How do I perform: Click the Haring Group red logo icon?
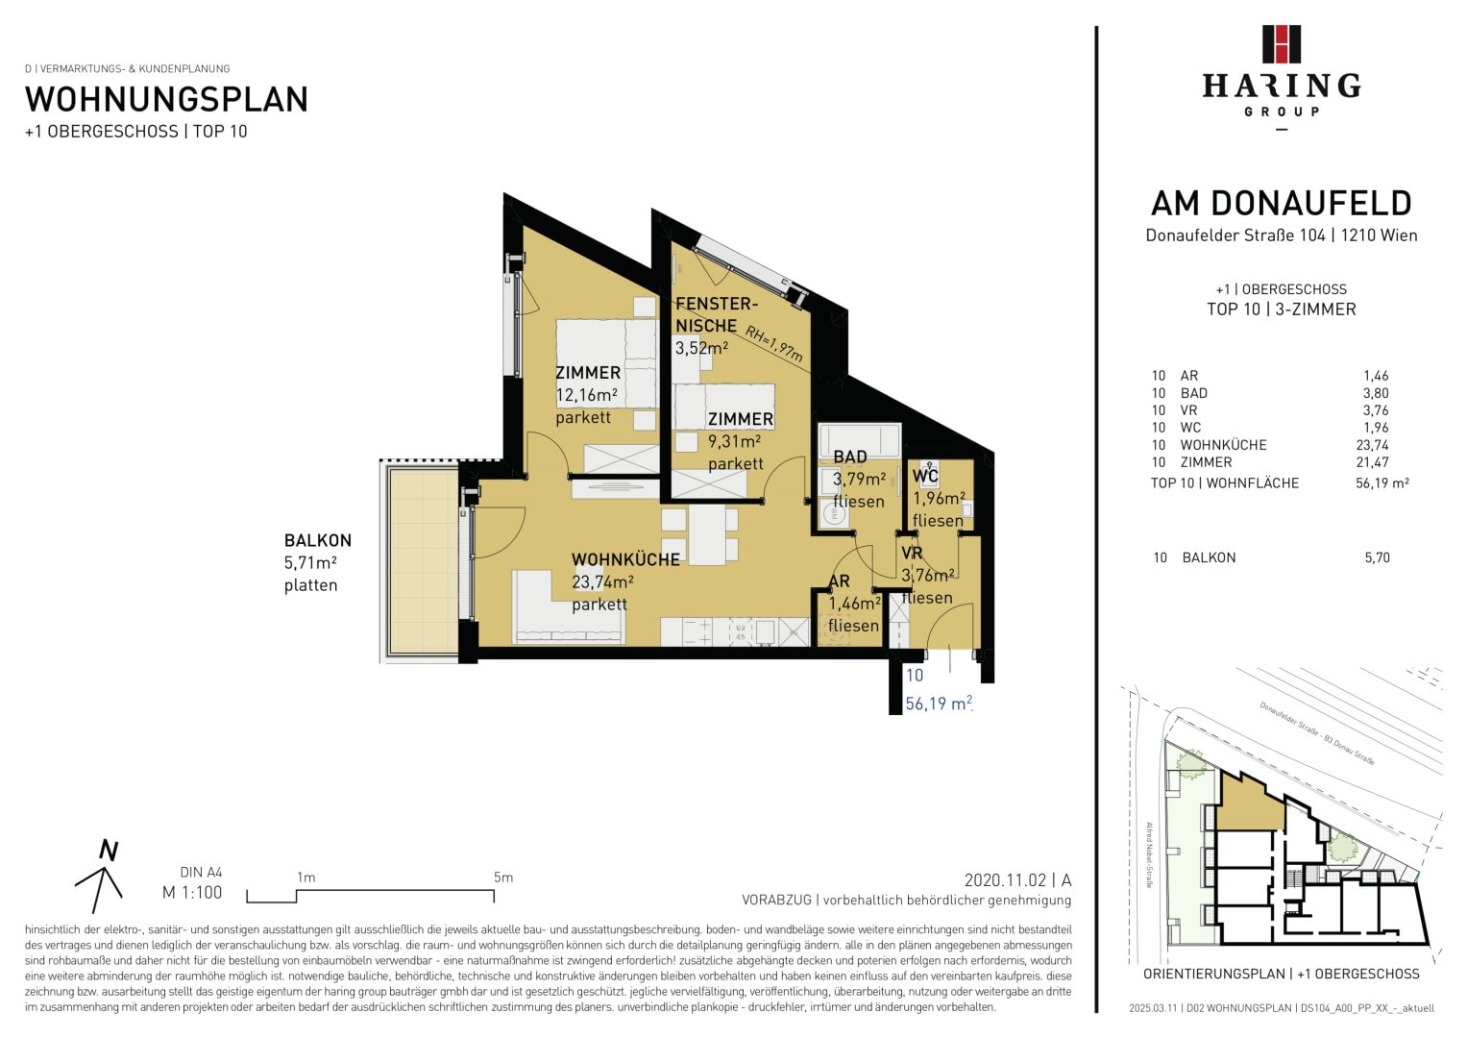(x=1281, y=44)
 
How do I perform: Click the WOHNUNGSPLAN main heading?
(x=166, y=100)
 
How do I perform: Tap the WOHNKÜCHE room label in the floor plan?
(x=625, y=559)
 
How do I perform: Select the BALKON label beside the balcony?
(x=318, y=540)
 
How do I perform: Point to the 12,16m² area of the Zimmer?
(x=587, y=395)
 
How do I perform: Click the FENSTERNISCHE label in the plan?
(x=717, y=314)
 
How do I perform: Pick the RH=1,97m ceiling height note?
(x=773, y=343)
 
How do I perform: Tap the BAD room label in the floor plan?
(x=850, y=457)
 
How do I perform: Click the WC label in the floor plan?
(x=925, y=476)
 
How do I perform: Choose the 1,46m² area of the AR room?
(x=855, y=604)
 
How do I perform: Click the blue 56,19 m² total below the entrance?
(x=939, y=704)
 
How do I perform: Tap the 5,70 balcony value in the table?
(x=1378, y=557)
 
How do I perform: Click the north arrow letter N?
(x=109, y=851)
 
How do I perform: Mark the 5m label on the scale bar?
(x=503, y=877)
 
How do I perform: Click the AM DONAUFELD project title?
(x=1281, y=204)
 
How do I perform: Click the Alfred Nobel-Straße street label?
(x=1149, y=855)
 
